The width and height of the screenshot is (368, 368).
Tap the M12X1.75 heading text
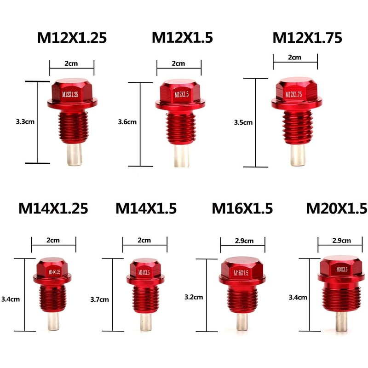[307, 38]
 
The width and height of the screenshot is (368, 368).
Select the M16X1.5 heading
[242, 209]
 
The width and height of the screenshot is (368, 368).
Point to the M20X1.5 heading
[336, 209]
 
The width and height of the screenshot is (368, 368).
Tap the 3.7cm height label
[100, 299]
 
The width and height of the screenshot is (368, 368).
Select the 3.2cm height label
[194, 297]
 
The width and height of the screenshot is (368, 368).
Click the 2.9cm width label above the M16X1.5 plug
[243, 240]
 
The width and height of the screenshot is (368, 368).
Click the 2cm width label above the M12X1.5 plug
[178, 63]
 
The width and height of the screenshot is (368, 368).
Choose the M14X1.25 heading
[53, 209]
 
